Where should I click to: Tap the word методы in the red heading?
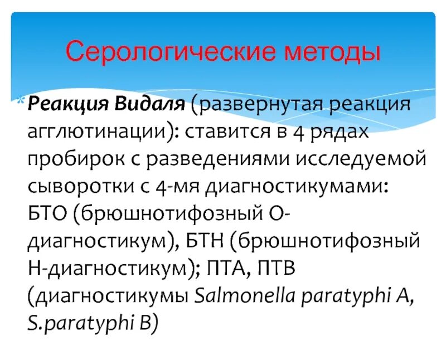click(333, 52)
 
